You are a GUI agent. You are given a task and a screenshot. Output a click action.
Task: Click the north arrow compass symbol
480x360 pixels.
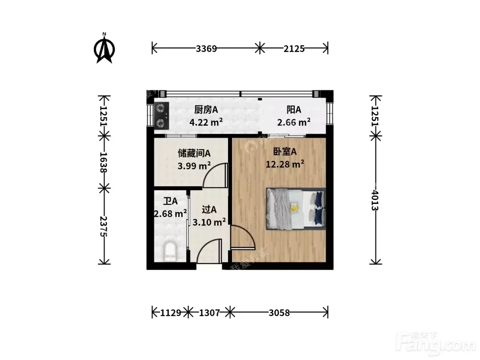click(104, 48)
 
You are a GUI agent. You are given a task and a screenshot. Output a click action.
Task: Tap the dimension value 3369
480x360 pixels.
click(206, 49)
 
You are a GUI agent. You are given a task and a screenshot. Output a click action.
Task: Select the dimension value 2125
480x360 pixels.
click(294, 49)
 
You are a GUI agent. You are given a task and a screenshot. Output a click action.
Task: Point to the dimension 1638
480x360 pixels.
click(104, 162)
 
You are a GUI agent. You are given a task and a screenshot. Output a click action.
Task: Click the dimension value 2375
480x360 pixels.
click(104, 226)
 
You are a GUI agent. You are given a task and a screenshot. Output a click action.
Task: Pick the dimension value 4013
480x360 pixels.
click(375, 200)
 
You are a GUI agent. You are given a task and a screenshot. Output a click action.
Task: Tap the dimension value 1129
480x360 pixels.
click(171, 312)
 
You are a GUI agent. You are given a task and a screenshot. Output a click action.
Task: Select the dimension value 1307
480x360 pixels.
click(209, 312)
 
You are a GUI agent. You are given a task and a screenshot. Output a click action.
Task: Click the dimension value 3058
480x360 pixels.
click(279, 312)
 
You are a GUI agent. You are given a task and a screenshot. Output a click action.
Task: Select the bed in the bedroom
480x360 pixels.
click(296, 208)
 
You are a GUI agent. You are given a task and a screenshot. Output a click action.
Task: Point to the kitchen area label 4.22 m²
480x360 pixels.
click(206, 122)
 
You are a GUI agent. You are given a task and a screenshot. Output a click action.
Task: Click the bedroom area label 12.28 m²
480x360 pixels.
click(285, 164)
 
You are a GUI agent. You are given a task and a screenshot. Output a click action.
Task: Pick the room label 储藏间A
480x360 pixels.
click(194, 153)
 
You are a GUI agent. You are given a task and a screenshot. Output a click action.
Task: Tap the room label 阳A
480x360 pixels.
click(294, 109)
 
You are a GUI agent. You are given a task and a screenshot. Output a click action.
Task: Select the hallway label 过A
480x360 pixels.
click(209, 210)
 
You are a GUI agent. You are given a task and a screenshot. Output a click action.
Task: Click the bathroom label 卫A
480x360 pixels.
click(170, 201)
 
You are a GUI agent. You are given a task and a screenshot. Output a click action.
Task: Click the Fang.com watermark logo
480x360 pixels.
click(436, 344)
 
